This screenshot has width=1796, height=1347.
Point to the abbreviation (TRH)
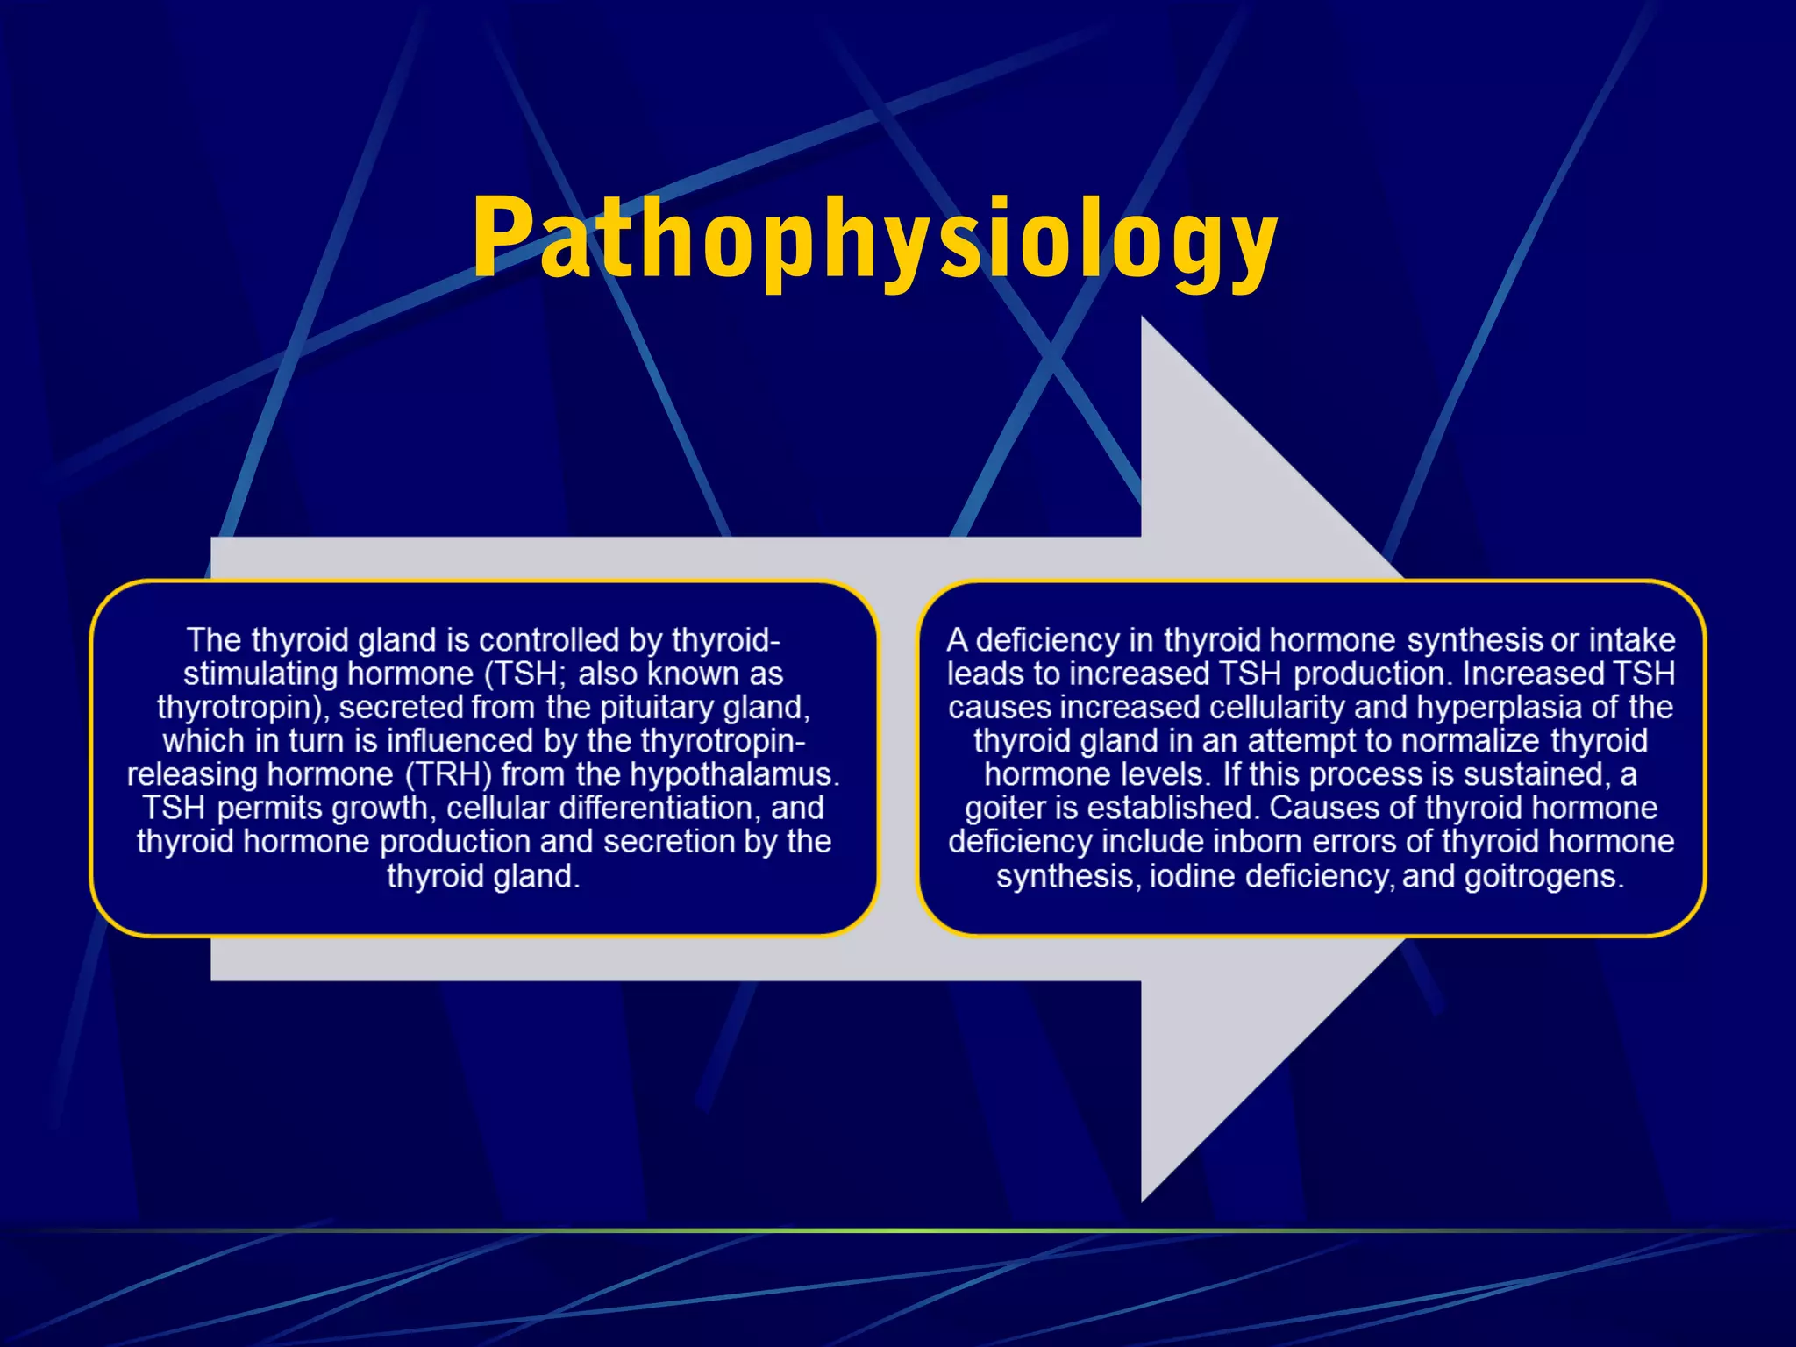tap(448, 774)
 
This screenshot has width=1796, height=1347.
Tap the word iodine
tap(1193, 876)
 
